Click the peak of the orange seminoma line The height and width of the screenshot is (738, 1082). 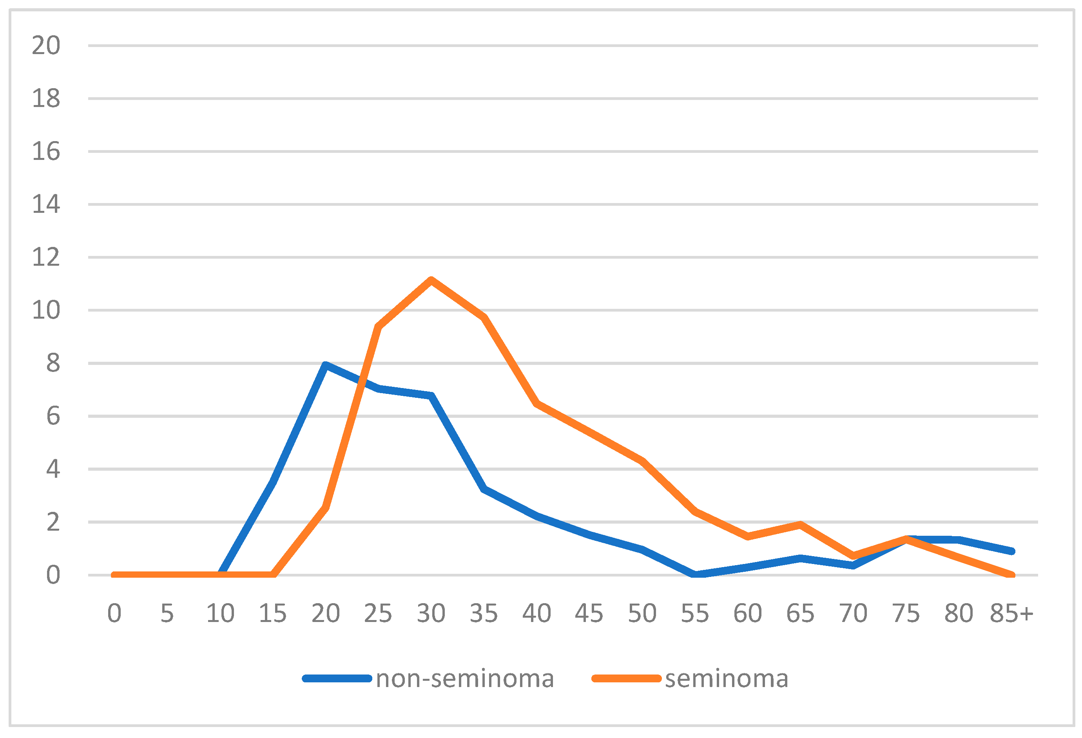(x=431, y=280)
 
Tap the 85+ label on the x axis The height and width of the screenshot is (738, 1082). (x=1011, y=613)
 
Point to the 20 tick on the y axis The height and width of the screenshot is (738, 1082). (x=45, y=45)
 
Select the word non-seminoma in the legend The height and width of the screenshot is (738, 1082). (x=465, y=678)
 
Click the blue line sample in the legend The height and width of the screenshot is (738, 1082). (x=337, y=678)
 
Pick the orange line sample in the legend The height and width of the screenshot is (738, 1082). (x=626, y=678)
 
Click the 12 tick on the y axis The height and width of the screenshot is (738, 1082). (x=45, y=257)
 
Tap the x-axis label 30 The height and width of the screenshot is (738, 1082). (x=431, y=613)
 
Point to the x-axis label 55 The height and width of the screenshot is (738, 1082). (x=695, y=613)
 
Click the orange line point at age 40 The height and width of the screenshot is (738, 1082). (x=537, y=403)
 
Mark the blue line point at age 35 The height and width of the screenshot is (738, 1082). (x=484, y=489)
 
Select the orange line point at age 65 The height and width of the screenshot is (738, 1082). (x=800, y=525)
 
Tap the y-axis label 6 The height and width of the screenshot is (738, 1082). (x=53, y=416)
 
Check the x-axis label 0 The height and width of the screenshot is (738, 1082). (x=114, y=613)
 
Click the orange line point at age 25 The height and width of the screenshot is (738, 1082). (x=379, y=327)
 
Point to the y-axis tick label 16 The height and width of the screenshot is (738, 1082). (x=45, y=152)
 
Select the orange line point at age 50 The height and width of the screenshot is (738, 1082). (x=642, y=461)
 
